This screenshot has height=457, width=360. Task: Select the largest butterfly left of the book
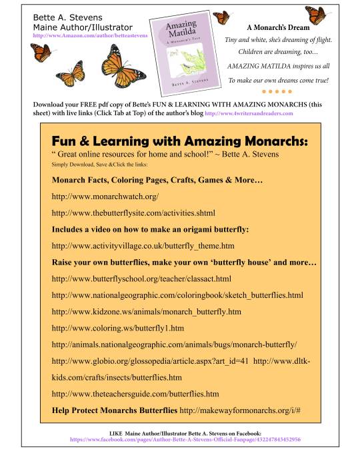pos(117,65)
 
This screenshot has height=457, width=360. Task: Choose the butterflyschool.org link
pos(141,278)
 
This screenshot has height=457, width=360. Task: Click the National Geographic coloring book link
pos(177,294)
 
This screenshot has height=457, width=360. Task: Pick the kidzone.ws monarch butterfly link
pos(146,311)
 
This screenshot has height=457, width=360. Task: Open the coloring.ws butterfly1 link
pos(117,328)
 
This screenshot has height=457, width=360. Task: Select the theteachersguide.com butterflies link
pos(135,393)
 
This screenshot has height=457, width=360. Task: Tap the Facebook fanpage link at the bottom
pos(185,440)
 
